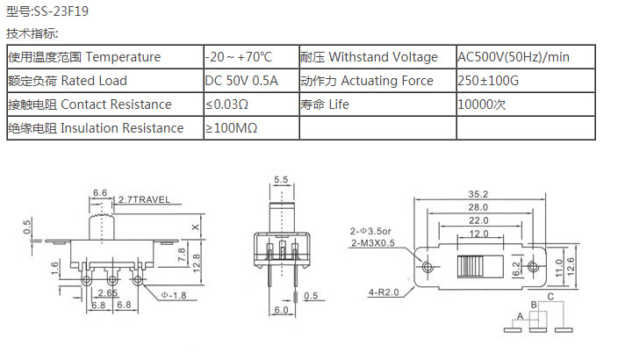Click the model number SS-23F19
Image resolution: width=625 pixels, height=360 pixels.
pyautogui.click(x=61, y=11)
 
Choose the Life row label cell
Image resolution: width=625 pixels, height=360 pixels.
pyautogui.click(x=377, y=104)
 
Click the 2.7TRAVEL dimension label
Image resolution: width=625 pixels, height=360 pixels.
pyautogui.click(x=144, y=199)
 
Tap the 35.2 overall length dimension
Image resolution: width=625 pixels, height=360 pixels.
pyautogui.click(x=478, y=194)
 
